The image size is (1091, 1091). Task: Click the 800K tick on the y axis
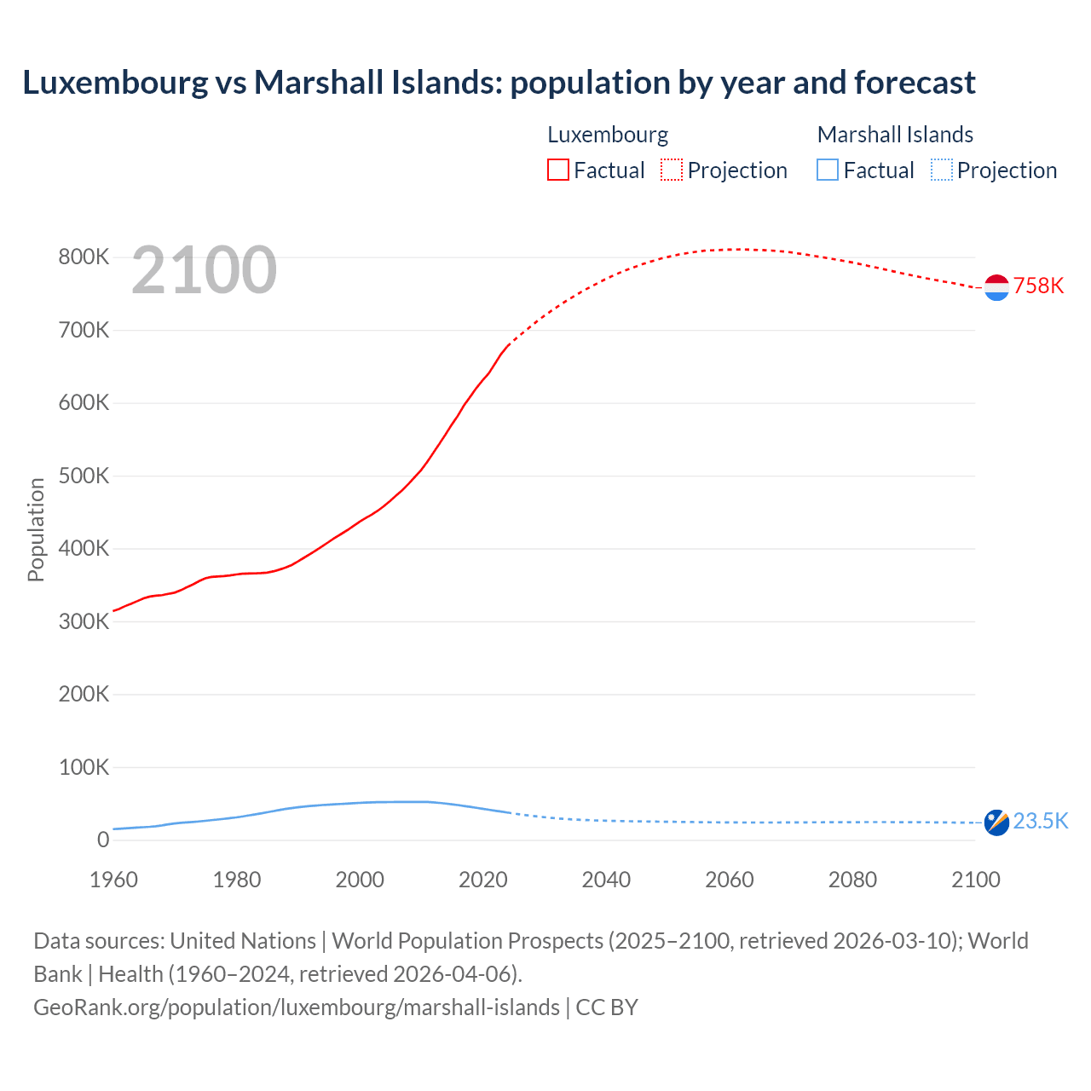click(x=84, y=257)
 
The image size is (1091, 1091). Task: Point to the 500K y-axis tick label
click(x=84, y=476)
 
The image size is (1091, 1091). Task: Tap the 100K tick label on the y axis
click(x=84, y=767)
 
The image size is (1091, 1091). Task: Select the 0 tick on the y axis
click(x=103, y=840)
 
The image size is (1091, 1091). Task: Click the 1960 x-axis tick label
click(x=113, y=880)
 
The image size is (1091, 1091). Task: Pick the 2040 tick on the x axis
click(x=606, y=880)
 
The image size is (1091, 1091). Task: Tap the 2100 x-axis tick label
click(x=975, y=880)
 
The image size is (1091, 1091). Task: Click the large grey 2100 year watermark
click(x=204, y=270)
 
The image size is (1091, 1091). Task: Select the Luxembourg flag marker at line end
click(x=996, y=287)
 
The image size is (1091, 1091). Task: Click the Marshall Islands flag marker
click(x=996, y=823)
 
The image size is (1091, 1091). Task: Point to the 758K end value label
click(x=1038, y=286)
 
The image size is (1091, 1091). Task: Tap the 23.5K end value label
click(x=1040, y=821)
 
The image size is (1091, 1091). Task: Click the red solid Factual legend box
click(x=558, y=170)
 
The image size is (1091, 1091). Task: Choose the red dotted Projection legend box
click(x=672, y=170)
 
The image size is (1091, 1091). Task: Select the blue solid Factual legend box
click(x=828, y=170)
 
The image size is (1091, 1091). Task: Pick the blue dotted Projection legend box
click(x=941, y=170)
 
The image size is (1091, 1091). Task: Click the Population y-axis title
click(x=36, y=529)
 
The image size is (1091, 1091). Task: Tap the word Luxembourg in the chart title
click(x=115, y=83)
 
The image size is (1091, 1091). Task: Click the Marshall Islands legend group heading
click(x=895, y=135)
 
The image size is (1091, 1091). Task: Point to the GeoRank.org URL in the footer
click(x=297, y=1007)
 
